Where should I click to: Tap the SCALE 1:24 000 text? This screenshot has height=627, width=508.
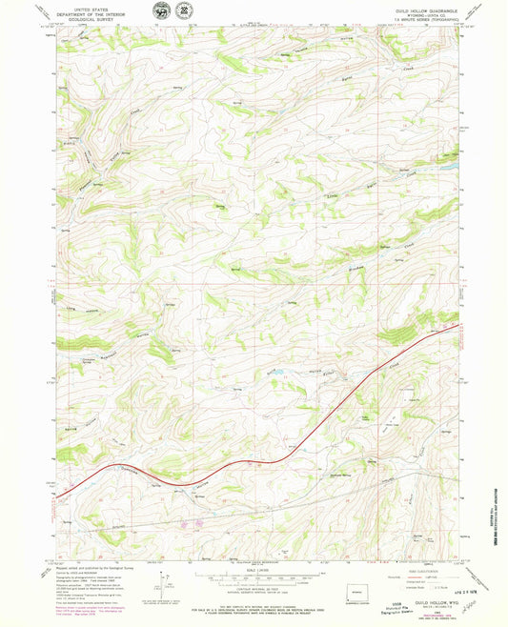[x=254, y=569]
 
